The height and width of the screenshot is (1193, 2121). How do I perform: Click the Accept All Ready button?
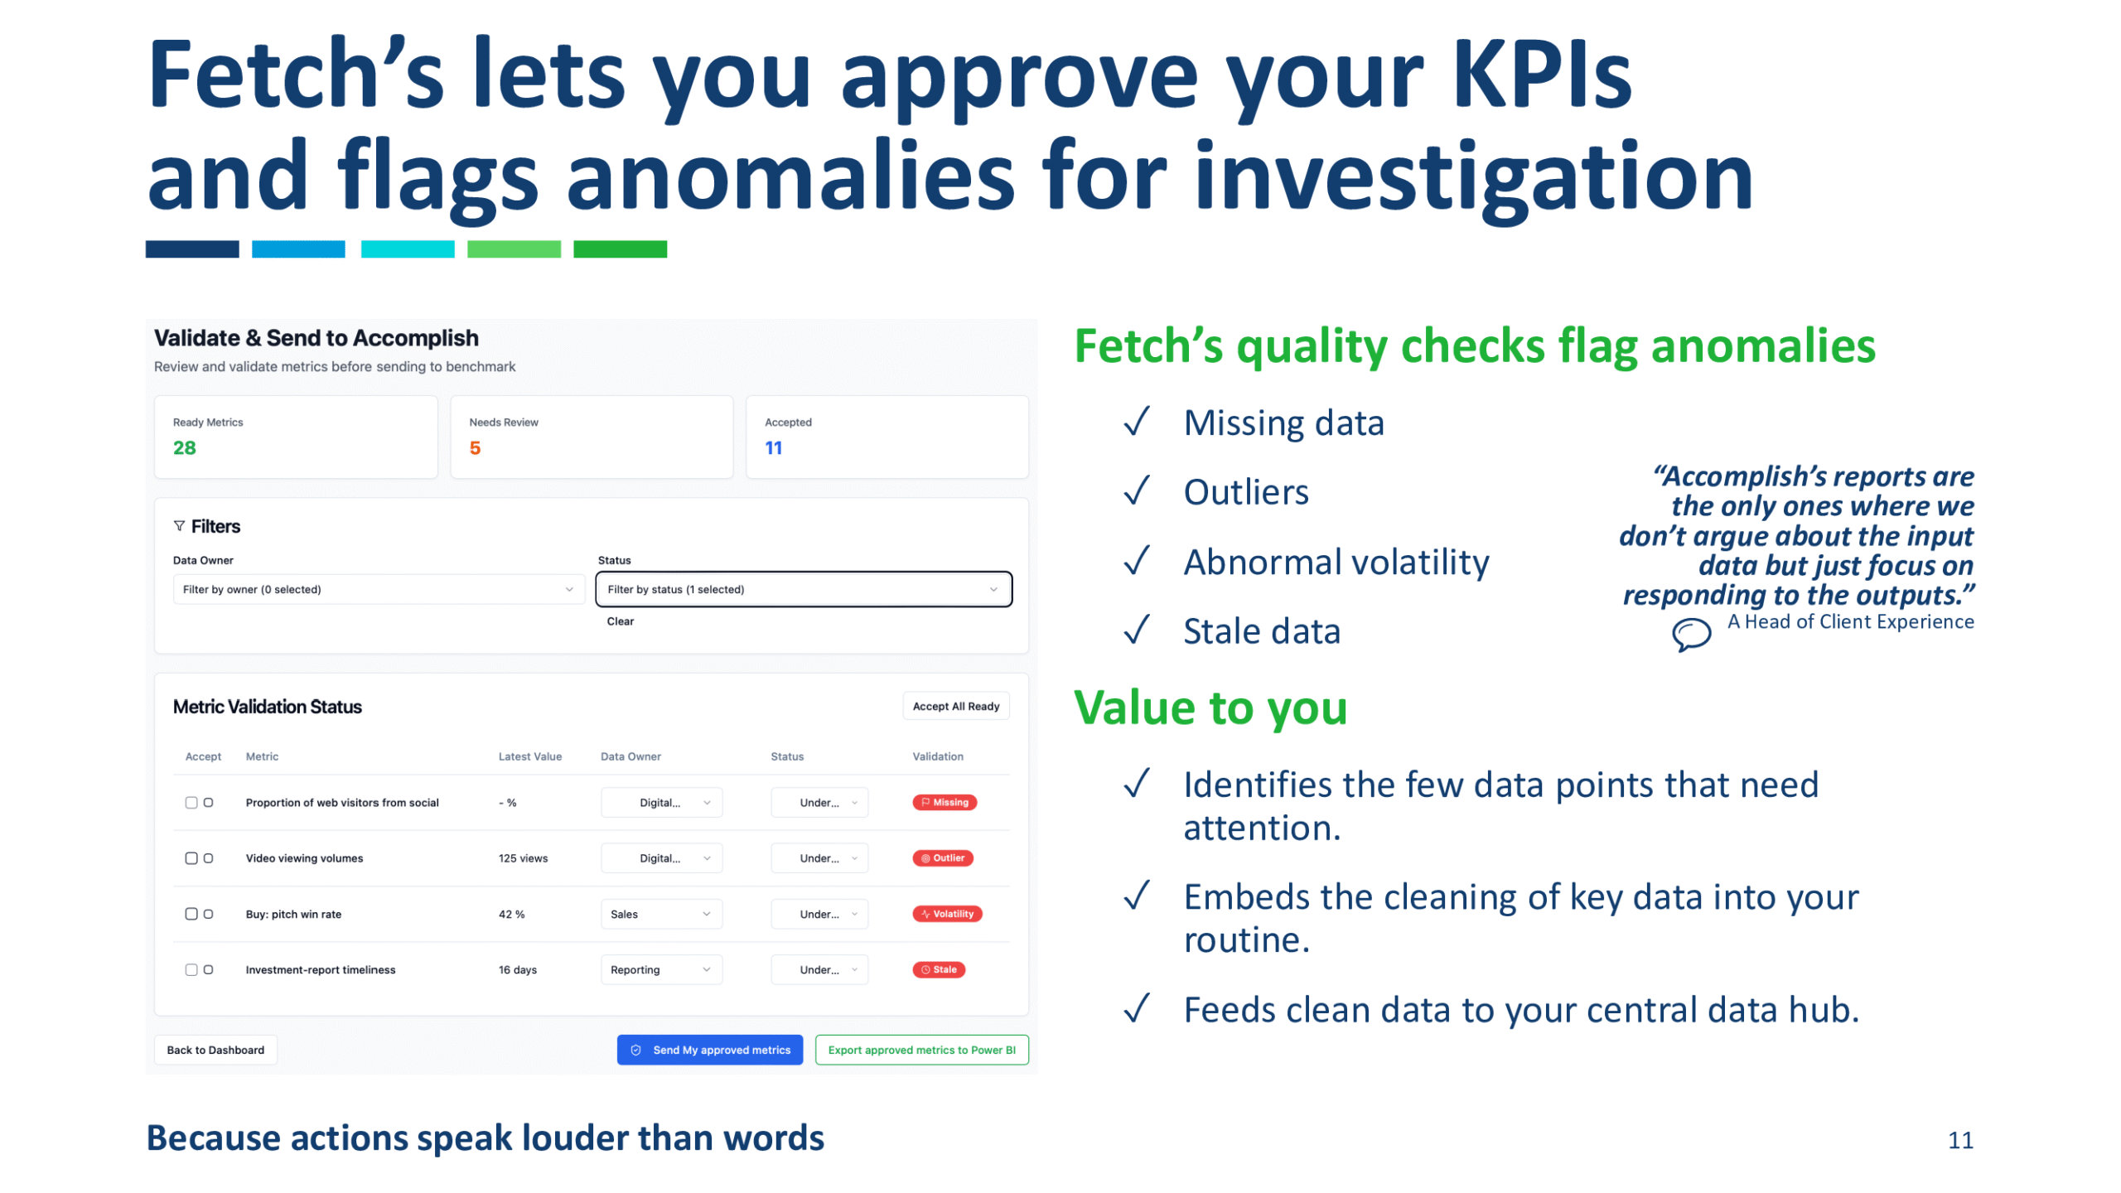pos(955,706)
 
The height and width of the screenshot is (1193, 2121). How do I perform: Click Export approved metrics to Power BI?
pos(921,1050)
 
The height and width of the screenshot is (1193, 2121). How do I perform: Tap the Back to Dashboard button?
pos(215,1050)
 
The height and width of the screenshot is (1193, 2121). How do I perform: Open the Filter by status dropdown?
pos(803,589)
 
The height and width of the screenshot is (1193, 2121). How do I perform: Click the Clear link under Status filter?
pos(620,621)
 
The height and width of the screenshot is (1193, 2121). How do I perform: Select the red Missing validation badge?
pos(945,802)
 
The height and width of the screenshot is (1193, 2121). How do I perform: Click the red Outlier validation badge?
pos(943,858)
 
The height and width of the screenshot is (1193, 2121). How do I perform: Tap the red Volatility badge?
pos(947,914)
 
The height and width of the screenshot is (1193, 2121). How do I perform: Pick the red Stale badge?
pos(939,969)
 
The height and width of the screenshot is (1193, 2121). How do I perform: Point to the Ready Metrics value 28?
pos(184,448)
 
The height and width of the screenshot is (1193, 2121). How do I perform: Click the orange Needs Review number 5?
pos(475,448)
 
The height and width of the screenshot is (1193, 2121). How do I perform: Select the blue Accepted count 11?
pos(773,448)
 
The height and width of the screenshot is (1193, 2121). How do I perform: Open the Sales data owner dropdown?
pos(661,914)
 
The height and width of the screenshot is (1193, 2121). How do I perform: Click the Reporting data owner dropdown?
pos(661,969)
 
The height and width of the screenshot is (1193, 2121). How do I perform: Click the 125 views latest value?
pos(523,858)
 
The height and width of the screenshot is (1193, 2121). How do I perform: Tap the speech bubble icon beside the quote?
pos(1690,635)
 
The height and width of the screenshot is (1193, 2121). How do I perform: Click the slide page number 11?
pos(1959,1140)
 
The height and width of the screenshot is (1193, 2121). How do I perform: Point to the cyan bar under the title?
pos(408,249)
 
